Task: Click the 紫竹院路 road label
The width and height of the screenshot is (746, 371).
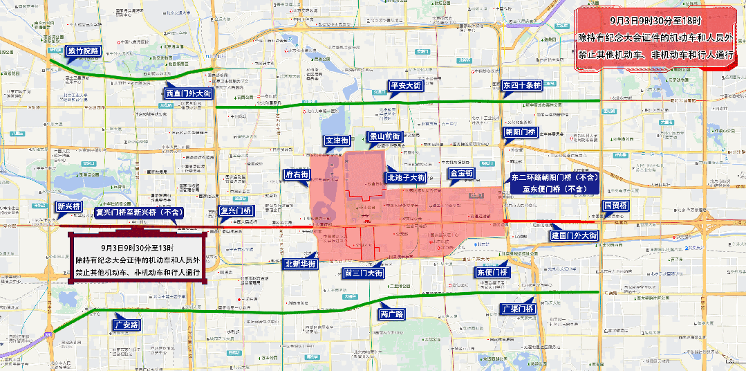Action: point(84,51)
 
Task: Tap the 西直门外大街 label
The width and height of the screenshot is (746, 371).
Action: point(188,93)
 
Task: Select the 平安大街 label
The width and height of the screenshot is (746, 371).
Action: point(405,86)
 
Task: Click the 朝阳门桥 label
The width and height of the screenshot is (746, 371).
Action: point(519,132)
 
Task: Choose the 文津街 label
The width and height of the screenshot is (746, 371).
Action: point(337,141)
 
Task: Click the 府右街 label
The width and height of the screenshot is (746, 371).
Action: point(297,174)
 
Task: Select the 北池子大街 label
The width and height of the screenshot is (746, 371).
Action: point(406,178)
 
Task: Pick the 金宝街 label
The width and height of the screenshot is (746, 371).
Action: point(460,173)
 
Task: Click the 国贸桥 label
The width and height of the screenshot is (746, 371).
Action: point(615,206)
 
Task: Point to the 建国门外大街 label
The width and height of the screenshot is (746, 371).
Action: point(573,236)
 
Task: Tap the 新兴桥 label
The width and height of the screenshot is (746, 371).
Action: point(68,206)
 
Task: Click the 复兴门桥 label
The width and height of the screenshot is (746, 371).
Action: point(234,210)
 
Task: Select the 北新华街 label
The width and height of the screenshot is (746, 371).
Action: point(300,264)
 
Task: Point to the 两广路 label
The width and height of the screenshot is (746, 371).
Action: point(391,314)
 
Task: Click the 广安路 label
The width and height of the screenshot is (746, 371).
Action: point(127,324)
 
